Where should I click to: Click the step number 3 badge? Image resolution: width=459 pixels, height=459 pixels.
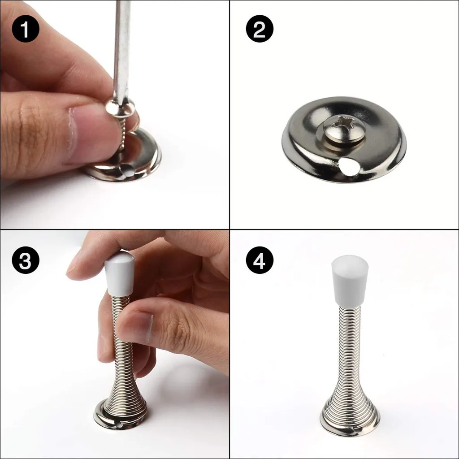pos(26,260)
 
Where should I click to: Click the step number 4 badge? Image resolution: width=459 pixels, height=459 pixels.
pos(260,260)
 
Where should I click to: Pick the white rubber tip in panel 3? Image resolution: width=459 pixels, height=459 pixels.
pos(120,274)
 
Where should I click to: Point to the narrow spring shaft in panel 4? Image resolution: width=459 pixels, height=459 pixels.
pos(350,341)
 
